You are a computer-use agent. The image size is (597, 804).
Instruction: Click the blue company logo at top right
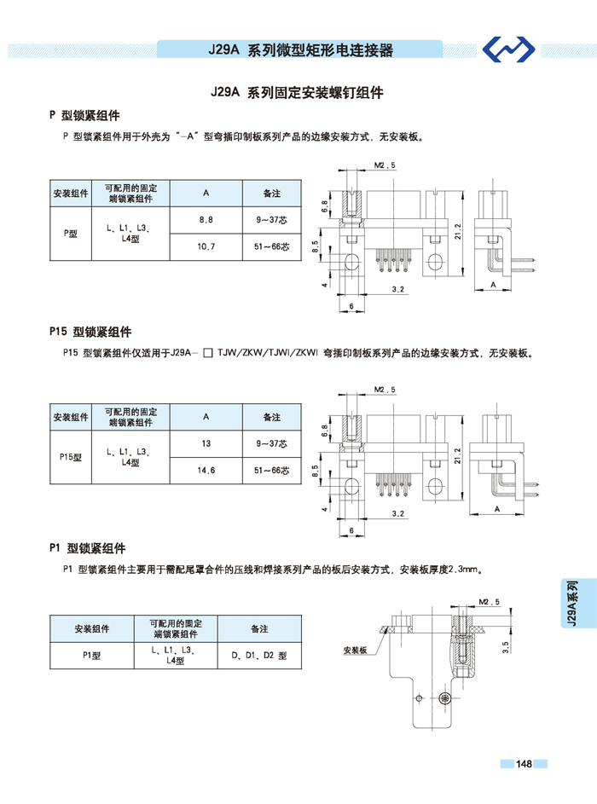pos(510,50)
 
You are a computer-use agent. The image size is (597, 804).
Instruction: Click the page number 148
pos(524,764)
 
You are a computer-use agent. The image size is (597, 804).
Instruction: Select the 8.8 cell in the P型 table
pos(206,220)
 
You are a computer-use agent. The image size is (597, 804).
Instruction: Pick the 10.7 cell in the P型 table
pos(206,246)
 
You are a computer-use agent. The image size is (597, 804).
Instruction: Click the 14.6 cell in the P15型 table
pos(206,470)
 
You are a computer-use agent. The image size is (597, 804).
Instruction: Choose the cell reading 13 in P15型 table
pos(206,444)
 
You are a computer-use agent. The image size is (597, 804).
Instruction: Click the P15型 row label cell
pos(71,457)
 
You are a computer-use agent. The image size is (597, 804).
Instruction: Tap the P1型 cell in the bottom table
pos(91,656)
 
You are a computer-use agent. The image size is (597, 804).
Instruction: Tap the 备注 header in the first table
pos(272,194)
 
